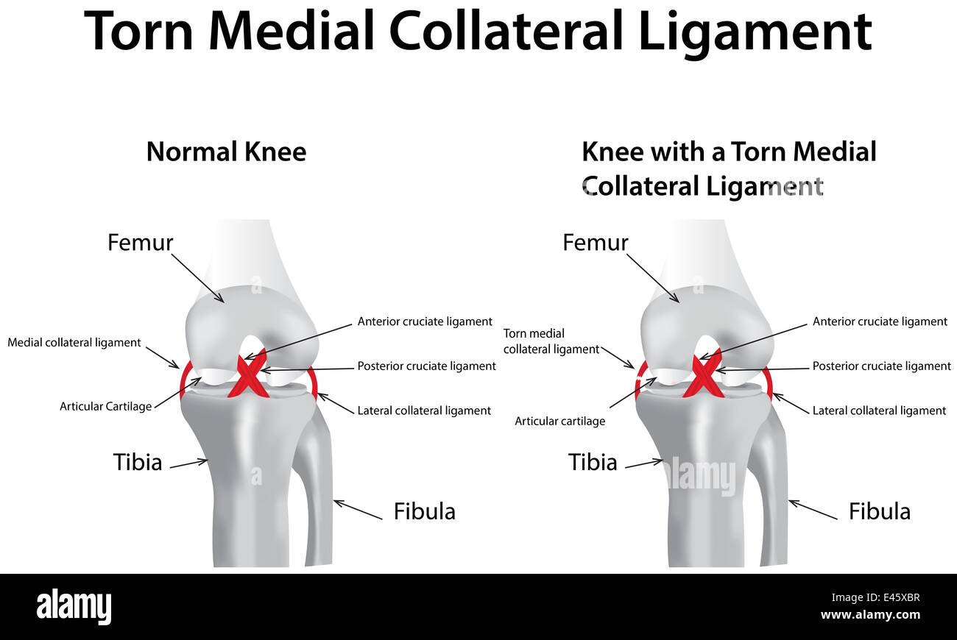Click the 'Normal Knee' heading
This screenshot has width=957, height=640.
click(x=226, y=152)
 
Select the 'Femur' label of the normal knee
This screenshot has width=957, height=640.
click(x=141, y=242)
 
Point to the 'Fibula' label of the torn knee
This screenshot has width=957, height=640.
click(x=879, y=511)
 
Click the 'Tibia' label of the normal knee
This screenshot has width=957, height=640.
click(x=137, y=462)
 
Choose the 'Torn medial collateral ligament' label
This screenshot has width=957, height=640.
click(x=551, y=341)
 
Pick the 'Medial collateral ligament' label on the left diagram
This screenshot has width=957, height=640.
click(x=74, y=342)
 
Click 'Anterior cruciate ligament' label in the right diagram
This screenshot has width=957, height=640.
click(x=880, y=321)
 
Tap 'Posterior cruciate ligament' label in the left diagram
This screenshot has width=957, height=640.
click(x=426, y=366)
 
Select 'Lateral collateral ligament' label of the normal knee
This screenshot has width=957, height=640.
click(x=424, y=410)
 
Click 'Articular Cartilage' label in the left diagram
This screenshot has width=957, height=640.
click(x=105, y=406)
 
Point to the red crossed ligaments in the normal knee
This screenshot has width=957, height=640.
click(x=248, y=377)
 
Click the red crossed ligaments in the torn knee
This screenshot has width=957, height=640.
click(x=703, y=377)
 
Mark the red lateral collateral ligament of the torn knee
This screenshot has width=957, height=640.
click(x=769, y=380)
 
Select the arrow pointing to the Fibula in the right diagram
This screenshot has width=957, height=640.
click(x=813, y=510)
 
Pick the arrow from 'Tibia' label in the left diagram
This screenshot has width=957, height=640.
click(x=189, y=463)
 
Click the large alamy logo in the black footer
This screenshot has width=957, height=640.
click(x=74, y=607)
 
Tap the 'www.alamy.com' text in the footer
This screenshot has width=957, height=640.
click(x=870, y=615)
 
